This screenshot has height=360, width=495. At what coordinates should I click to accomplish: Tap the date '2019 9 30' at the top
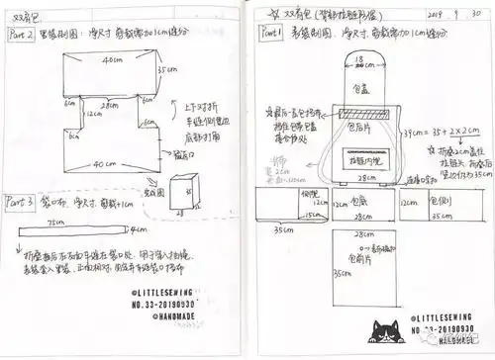[x=440, y=16]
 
